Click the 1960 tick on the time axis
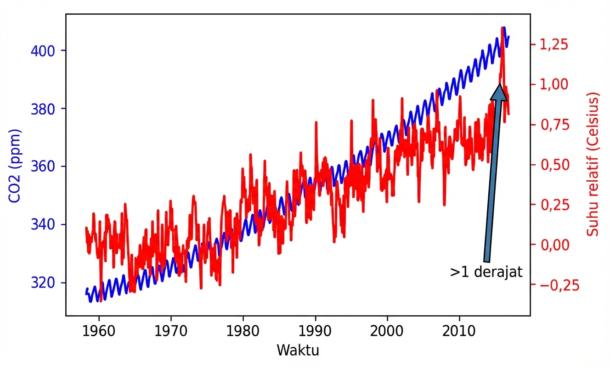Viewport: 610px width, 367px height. point(99,332)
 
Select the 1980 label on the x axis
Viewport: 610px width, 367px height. point(243,332)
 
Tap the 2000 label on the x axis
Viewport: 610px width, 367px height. point(387,332)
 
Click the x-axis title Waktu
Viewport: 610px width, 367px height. point(298,351)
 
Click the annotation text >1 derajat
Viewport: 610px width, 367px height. point(486,272)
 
